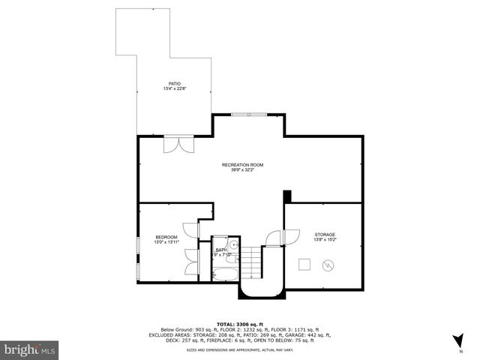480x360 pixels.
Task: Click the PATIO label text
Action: point(174,83)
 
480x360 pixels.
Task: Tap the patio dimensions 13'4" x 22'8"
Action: point(174,89)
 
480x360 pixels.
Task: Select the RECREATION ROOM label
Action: point(242,164)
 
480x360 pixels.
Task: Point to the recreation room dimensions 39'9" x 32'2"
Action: point(242,170)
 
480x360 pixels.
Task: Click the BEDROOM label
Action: point(166,237)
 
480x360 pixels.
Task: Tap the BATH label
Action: point(221,250)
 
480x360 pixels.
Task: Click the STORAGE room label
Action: point(325,235)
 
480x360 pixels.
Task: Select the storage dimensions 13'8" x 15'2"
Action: point(325,241)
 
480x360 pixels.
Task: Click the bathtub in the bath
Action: point(226,272)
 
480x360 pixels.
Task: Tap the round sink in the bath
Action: point(233,245)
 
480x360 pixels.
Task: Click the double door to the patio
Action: point(174,144)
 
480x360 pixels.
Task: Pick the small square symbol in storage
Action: point(304,263)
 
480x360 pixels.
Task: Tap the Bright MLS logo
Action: point(29,349)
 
